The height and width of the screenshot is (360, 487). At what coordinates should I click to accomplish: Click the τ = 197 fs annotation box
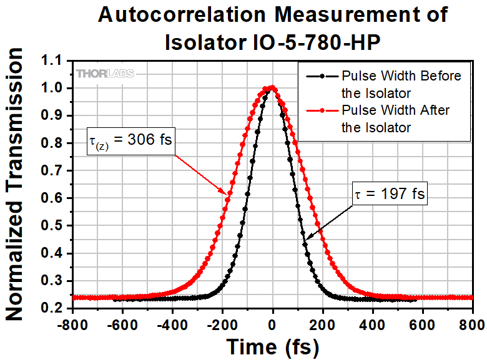385,195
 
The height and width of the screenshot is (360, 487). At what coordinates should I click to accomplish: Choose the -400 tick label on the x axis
172,324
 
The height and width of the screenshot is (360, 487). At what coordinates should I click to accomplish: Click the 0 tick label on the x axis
272,324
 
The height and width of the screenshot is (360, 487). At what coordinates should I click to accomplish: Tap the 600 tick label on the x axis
423,324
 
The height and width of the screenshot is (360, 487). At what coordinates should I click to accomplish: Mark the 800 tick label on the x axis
472,324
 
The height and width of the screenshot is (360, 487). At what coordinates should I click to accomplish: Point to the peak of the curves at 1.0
272,88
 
